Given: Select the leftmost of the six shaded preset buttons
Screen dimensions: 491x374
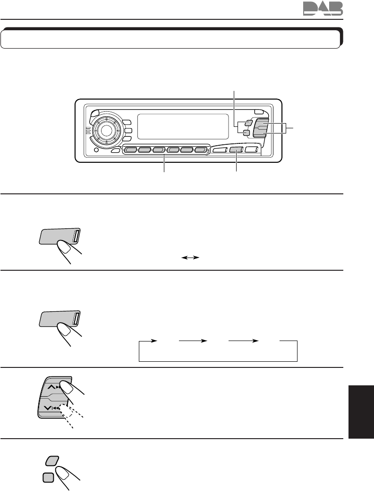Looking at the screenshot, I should tap(130, 151).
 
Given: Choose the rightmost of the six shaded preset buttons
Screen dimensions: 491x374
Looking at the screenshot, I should tap(201, 151).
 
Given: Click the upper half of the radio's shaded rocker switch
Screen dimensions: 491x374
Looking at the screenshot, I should tap(261, 125).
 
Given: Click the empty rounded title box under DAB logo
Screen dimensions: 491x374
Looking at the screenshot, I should tap(170, 40).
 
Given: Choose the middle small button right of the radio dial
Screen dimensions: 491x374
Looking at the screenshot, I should tap(127, 131).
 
